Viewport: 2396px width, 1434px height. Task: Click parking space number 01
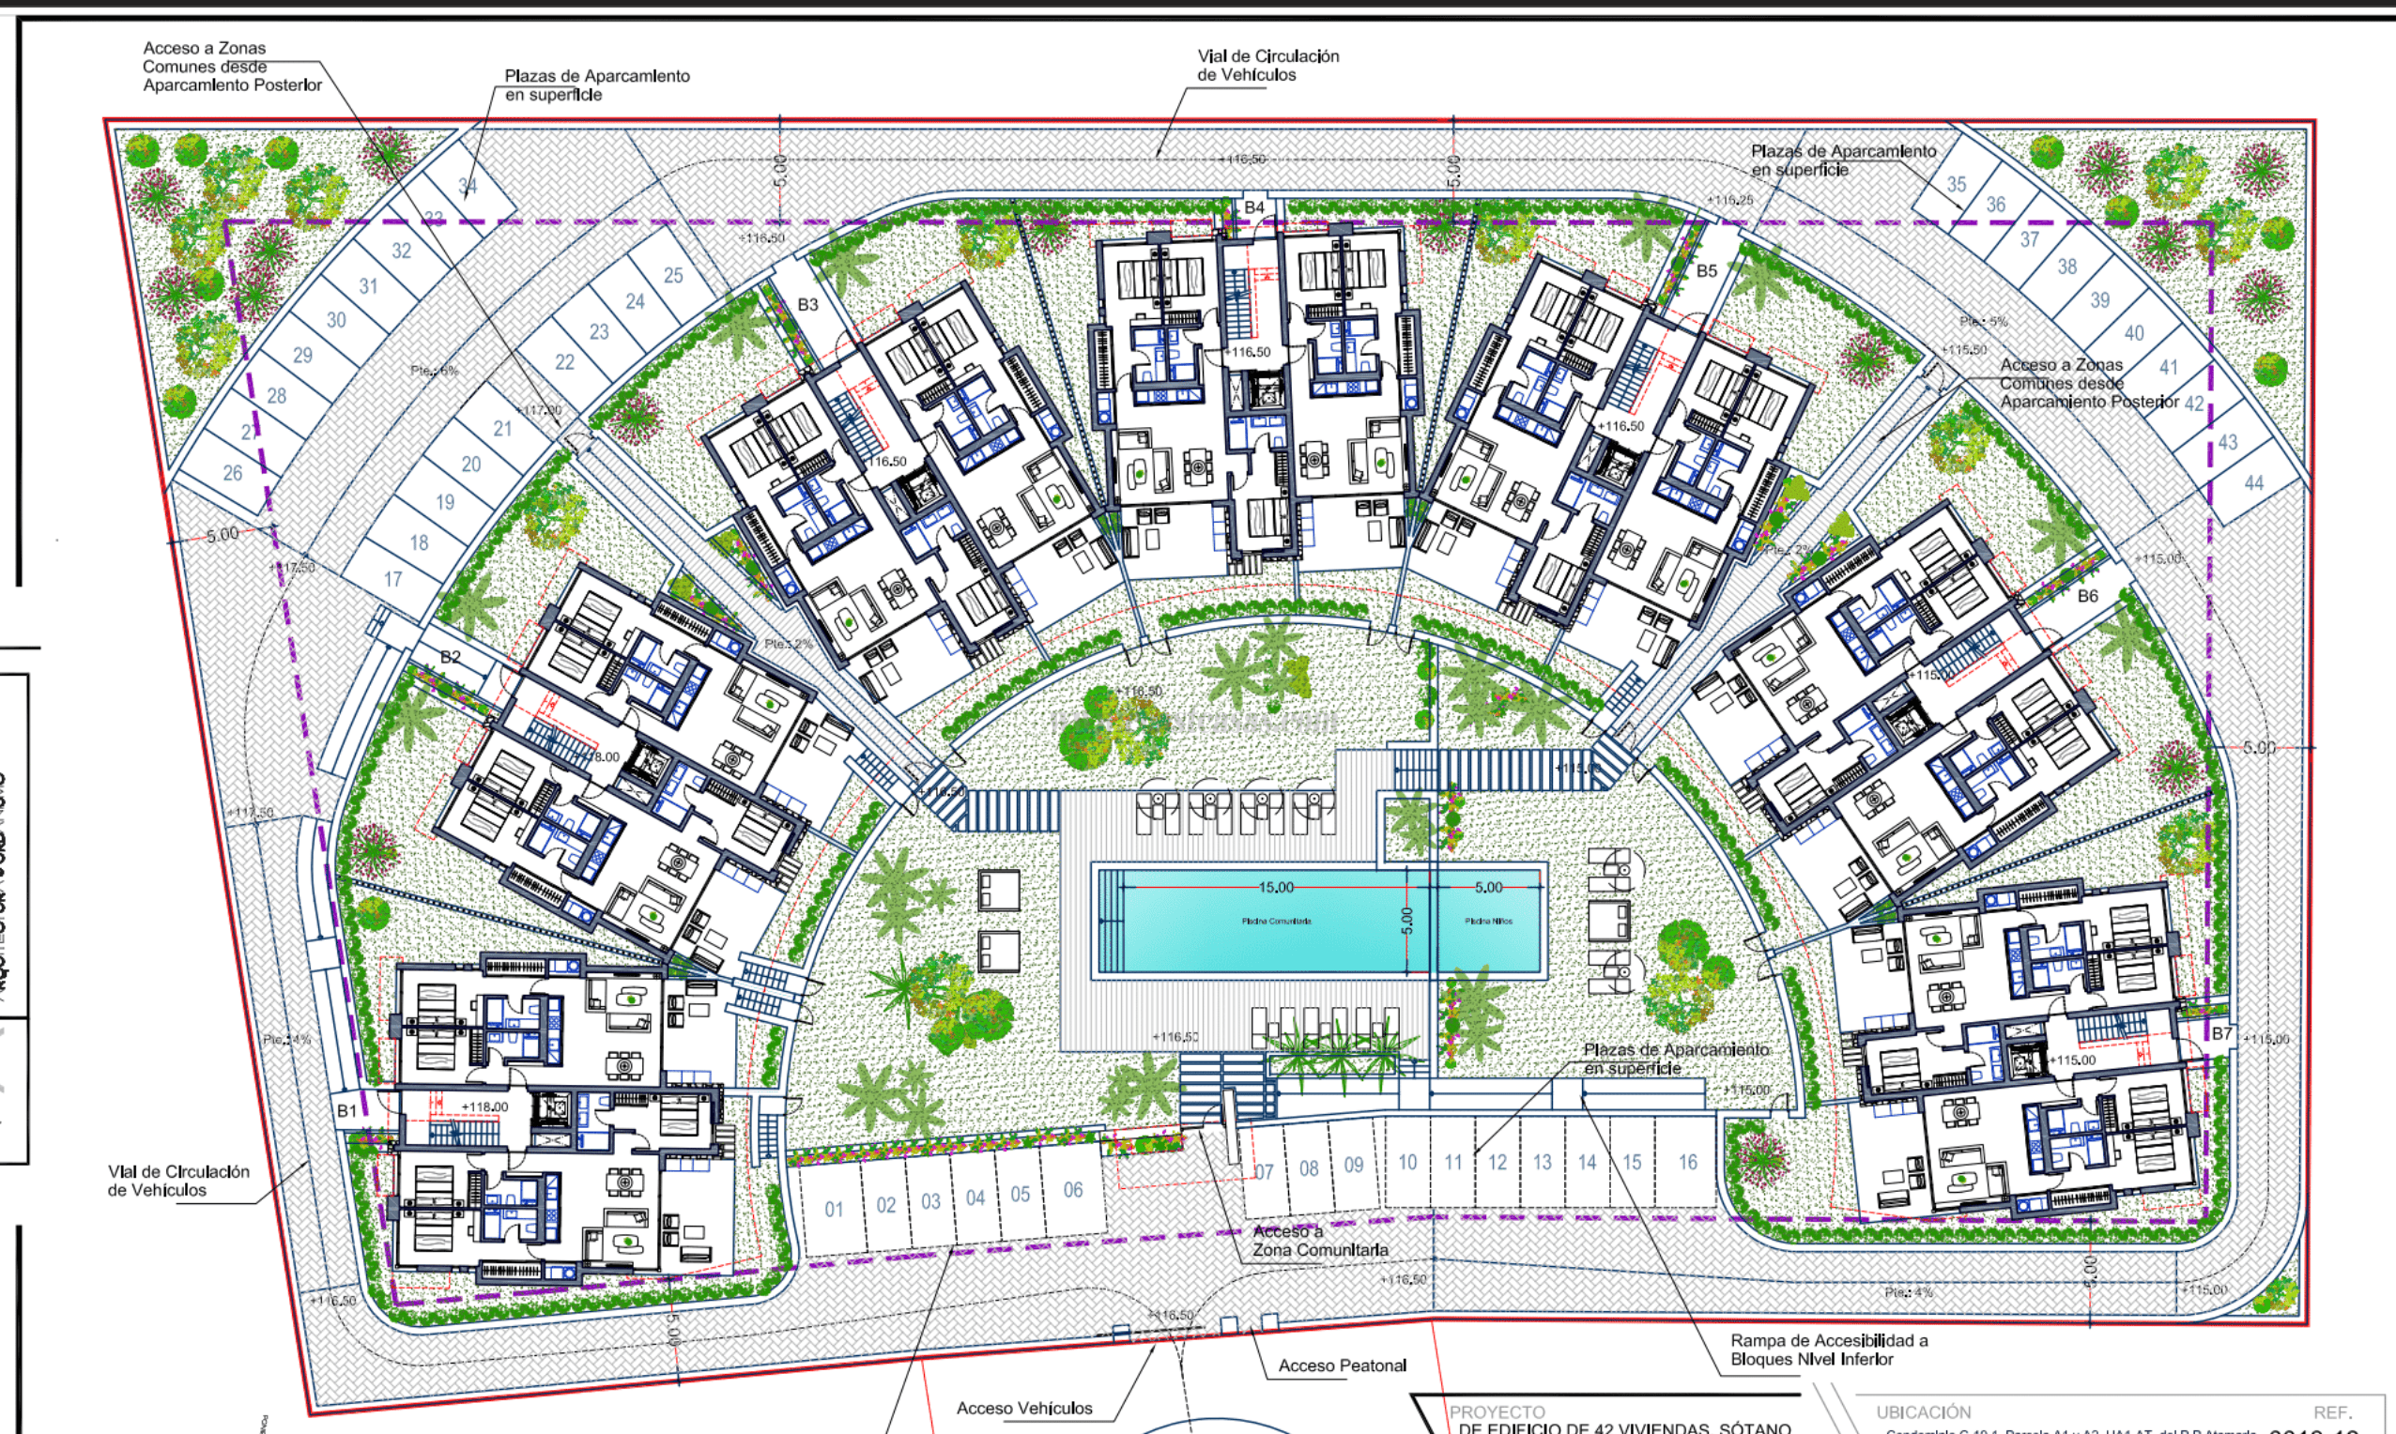pos(833,1209)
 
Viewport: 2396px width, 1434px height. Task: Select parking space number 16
pos(1686,1163)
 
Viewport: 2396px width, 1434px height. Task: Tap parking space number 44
pos(2253,482)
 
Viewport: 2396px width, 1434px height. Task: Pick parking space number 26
pos(233,472)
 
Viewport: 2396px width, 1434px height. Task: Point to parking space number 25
pos(672,275)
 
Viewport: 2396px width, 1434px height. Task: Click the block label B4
pos(1253,206)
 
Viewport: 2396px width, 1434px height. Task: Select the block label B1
pos(346,1110)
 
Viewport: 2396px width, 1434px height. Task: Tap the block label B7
pos(2222,1033)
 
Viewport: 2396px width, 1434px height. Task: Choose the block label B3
pos(808,304)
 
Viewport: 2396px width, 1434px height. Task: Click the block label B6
pos(2088,596)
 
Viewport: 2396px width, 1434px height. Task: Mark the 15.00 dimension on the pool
pos(1275,887)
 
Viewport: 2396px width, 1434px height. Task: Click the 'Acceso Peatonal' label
pos(1342,1365)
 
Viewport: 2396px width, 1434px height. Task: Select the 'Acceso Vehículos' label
pos(1023,1408)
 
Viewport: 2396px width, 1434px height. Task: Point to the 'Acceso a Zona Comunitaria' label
pos(1320,1241)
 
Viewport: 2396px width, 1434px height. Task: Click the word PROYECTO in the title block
pos(1497,1411)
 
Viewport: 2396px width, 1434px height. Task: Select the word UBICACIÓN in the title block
pos(1924,1411)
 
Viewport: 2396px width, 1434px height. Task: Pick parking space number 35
pos(1957,184)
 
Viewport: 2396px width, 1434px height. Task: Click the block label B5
pos(1707,270)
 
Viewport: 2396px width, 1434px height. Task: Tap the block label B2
pos(451,657)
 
